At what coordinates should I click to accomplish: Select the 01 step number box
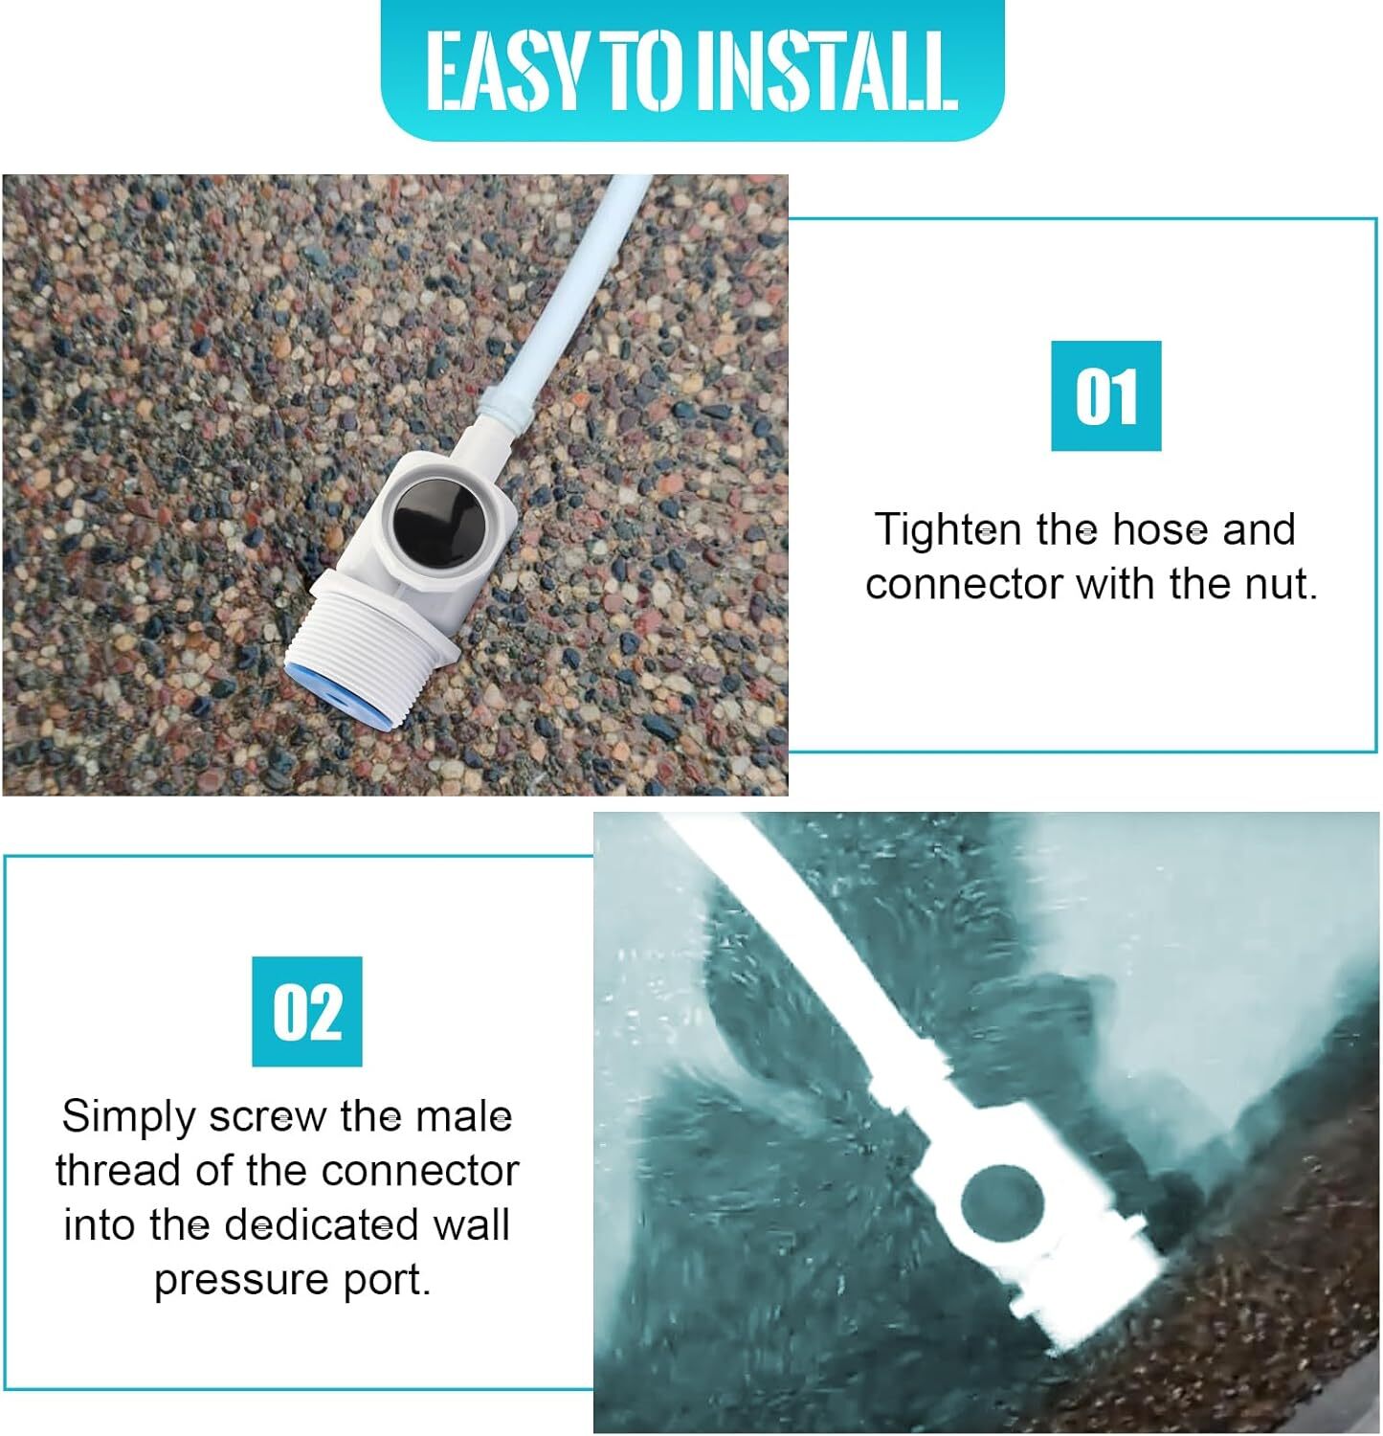click(x=1105, y=395)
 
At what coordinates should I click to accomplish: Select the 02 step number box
click(x=307, y=1011)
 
